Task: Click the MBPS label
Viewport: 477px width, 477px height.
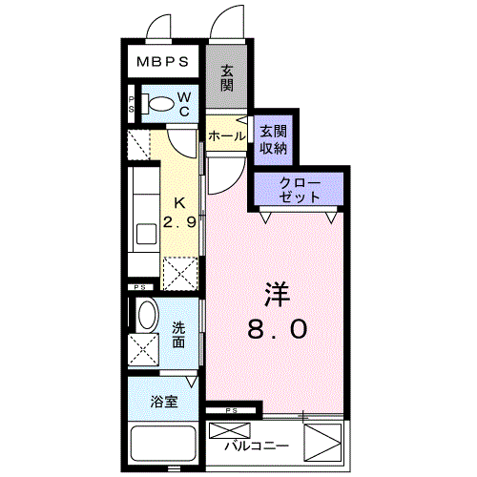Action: coord(162,61)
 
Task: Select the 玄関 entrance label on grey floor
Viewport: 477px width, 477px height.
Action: coord(227,78)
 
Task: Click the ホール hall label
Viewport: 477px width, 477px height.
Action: coord(227,136)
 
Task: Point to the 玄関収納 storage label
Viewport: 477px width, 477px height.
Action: coord(274,140)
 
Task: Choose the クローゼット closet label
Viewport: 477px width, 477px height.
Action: coord(300,190)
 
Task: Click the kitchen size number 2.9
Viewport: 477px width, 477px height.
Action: coord(179,222)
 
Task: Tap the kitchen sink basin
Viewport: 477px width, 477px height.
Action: coord(146,234)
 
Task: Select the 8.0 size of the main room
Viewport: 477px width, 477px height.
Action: coord(278,329)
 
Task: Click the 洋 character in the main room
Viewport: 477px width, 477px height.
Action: coord(278,295)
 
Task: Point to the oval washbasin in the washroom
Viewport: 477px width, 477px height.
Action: coord(148,314)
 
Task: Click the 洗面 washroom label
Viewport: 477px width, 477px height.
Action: coord(178,335)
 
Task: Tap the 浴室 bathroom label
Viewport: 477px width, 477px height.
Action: coord(164,402)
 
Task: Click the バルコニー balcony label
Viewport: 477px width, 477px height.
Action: coord(257,446)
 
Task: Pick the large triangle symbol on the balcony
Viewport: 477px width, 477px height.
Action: coord(322,442)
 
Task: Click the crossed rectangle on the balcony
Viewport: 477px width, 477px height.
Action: coord(230,430)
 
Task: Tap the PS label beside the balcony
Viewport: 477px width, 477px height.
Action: coord(232,411)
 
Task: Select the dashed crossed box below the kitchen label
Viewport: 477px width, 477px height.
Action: coord(180,274)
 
